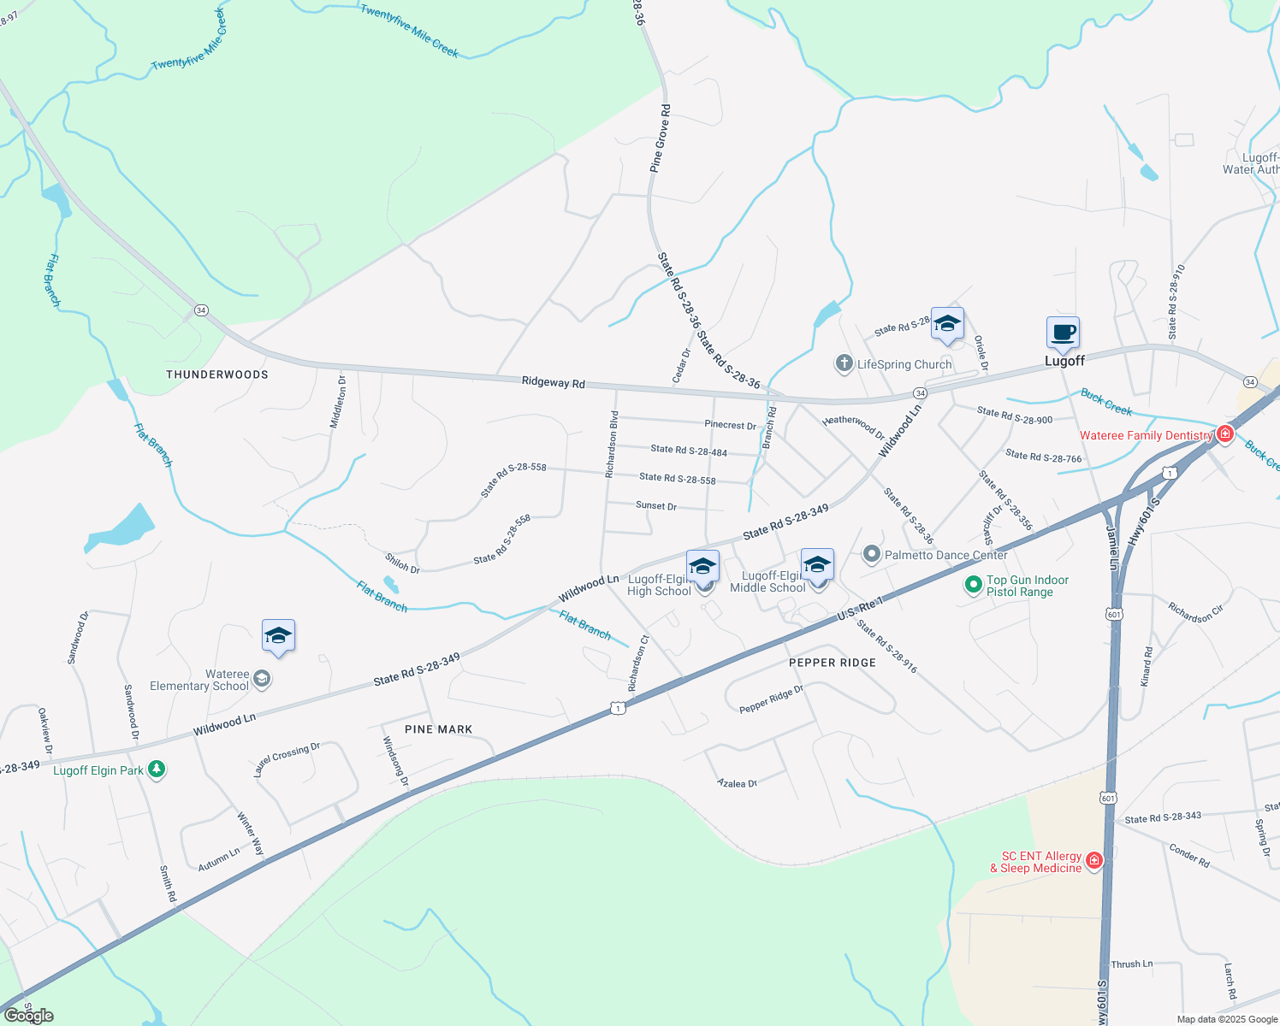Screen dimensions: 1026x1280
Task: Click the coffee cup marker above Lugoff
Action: pyautogui.click(x=1063, y=333)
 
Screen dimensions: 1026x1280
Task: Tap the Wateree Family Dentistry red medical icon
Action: pyautogui.click(x=1225, y=434)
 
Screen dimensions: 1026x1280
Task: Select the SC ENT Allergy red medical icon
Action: pyautogui.click(x=1093, y=861)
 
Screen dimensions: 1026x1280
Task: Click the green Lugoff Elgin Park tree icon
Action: pyautogui.click(x=156, y=769)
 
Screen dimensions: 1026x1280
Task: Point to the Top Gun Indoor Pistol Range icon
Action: pyautogui.click(x=973, y=585)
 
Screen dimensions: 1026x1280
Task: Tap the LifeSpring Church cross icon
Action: pyautogui.click(x=844, y=364)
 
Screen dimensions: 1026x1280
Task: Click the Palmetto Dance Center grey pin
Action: pyautogui.click(x=871, y=555)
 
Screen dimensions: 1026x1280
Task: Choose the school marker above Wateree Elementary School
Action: pyautogui.click(x=278, y=636)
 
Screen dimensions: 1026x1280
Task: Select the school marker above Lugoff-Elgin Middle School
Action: pyautogui.click(x=817, y=564)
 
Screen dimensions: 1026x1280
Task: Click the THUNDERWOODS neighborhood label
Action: pyautogui.click(x=217, y=374)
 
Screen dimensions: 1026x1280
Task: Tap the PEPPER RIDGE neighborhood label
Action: pyautogui.click(x=833, y=663)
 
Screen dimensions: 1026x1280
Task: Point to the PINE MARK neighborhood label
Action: pyautogui.click(x=438, y=729)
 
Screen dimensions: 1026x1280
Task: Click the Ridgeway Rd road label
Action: pyautogui.click(x=554, y=383)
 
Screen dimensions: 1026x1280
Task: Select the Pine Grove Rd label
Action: pyautogui.click(x=661, y=139)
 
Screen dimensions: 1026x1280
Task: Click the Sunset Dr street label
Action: pyautogui.click(x=656, y=506)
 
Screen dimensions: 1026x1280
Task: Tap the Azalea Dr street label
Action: pyautogui.click(x=737, y=783)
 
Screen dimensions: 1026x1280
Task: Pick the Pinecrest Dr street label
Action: pyautogui.click(x=730, y=425)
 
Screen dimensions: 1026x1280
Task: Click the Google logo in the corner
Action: pyautogui.click(x=29, y=1016)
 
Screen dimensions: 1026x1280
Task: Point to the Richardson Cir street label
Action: pyautogui.click(x=1195, y=613)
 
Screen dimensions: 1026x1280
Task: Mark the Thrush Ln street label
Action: pyautogui.click(x=1131, y=964)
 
